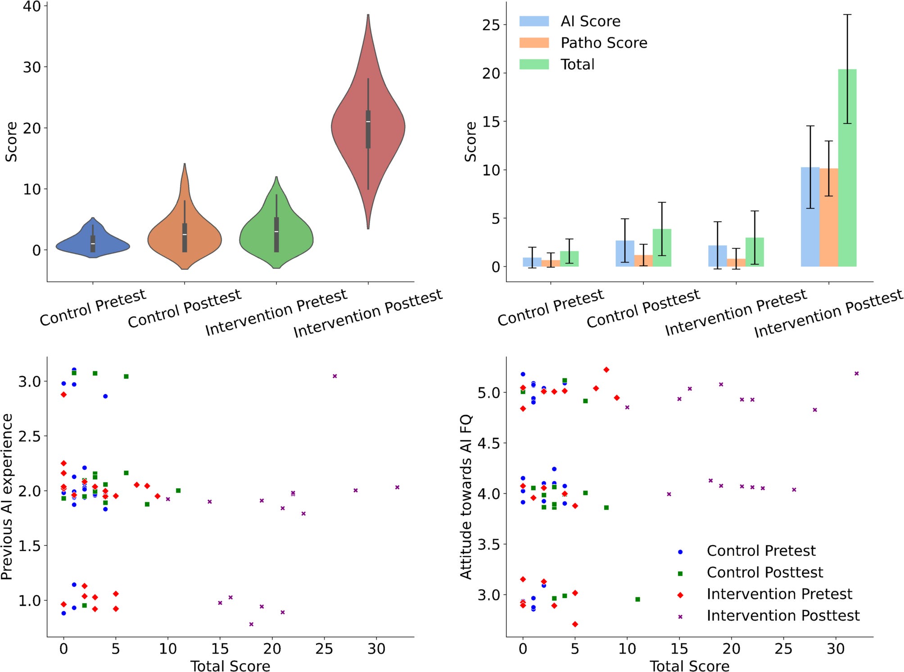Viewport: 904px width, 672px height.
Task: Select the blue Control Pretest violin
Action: [x=93, y=245]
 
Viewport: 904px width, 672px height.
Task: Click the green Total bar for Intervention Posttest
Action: [x=847, y=171]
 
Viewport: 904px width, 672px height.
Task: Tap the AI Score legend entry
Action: [x=590, y=21]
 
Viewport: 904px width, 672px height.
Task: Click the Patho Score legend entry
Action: [x=604, y=43]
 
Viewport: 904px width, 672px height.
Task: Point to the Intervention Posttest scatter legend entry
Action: [x=783, y=616]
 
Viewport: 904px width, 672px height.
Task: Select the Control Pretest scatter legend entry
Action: [x=761, y=551]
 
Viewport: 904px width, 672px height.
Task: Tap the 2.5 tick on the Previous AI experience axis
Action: [x=29, y=436]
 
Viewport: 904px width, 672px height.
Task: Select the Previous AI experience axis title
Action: [x=7, y=497]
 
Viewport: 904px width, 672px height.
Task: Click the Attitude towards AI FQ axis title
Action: [x=466, y=497]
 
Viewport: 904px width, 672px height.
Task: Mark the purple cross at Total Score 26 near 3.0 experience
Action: [x=335, y=376]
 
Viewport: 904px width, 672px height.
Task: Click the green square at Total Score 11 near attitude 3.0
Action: [x=637, y=599]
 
